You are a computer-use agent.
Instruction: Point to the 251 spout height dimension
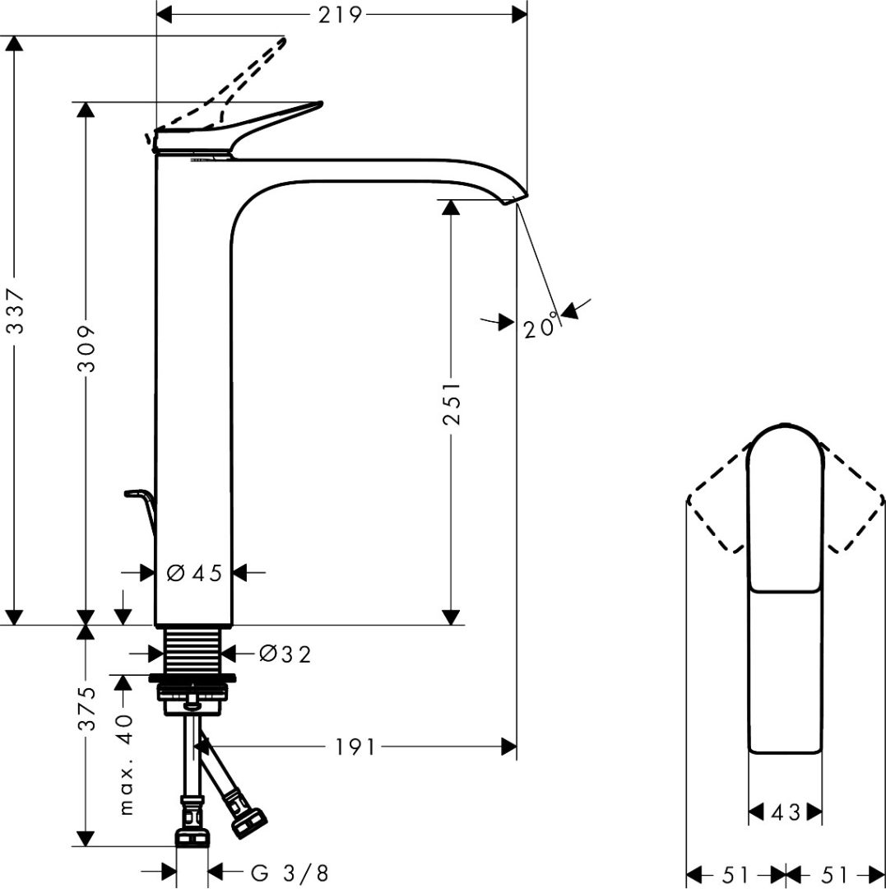(451, 403)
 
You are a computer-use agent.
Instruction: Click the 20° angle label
(540, 327)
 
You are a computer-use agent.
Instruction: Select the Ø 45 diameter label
(194, 573)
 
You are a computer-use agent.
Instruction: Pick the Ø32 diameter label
(285, 654)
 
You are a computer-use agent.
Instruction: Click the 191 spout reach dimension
(355, 747)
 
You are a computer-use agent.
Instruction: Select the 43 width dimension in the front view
(785, 812)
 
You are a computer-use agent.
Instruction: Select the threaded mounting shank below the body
(195, 649)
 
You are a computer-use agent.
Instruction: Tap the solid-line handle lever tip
(317, 105)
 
